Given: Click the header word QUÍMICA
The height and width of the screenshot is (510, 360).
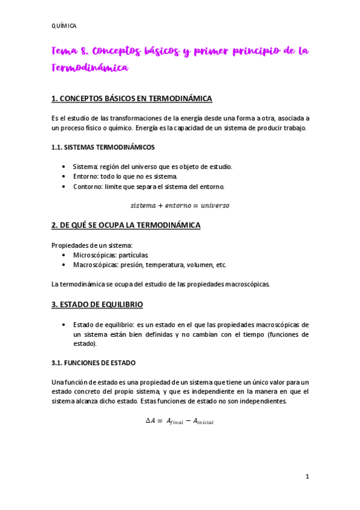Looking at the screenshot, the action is [64, 26].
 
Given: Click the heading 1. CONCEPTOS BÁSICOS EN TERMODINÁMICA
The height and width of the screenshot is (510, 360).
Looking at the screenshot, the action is [132, 98].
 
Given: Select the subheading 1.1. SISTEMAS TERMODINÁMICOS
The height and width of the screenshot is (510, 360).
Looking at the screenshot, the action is [103, 147].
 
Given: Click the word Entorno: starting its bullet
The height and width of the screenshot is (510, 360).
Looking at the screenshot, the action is [87, 176].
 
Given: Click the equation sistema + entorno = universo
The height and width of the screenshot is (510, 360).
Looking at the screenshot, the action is [180, 205].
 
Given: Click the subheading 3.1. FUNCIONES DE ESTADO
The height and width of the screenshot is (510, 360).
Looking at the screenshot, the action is [94, 363].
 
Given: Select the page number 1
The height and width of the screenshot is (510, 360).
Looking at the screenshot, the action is [307, 477].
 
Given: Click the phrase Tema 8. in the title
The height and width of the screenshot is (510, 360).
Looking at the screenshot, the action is [71, 52].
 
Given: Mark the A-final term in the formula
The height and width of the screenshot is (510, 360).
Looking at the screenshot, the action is [172, 422].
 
